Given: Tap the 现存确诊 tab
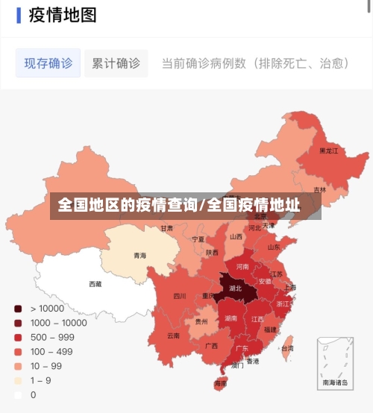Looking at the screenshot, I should tap(48, 63).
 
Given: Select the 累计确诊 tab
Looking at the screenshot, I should tap(116, 63).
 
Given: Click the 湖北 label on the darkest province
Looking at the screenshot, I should tap(235, 288).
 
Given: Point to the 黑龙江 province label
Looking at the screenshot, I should tap(328, 151).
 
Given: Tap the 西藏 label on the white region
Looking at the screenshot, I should tap(95, 283).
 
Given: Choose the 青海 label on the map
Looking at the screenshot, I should tap(140, 256).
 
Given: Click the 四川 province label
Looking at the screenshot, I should tap(180, 296).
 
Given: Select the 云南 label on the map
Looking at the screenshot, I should tap(173, 335).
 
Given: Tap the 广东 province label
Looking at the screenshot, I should tap(242, 348).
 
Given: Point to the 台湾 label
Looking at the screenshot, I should tap(286, 348).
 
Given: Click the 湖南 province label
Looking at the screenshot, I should tap(231, 318).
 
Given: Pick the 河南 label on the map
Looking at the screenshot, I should tap(242, 266).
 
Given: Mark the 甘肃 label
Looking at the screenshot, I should tap(166, 228).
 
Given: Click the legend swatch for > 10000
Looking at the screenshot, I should tap(17, 308).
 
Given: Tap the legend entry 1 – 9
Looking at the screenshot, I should tap(40, 380).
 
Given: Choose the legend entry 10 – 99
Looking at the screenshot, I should tap(46, 366).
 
